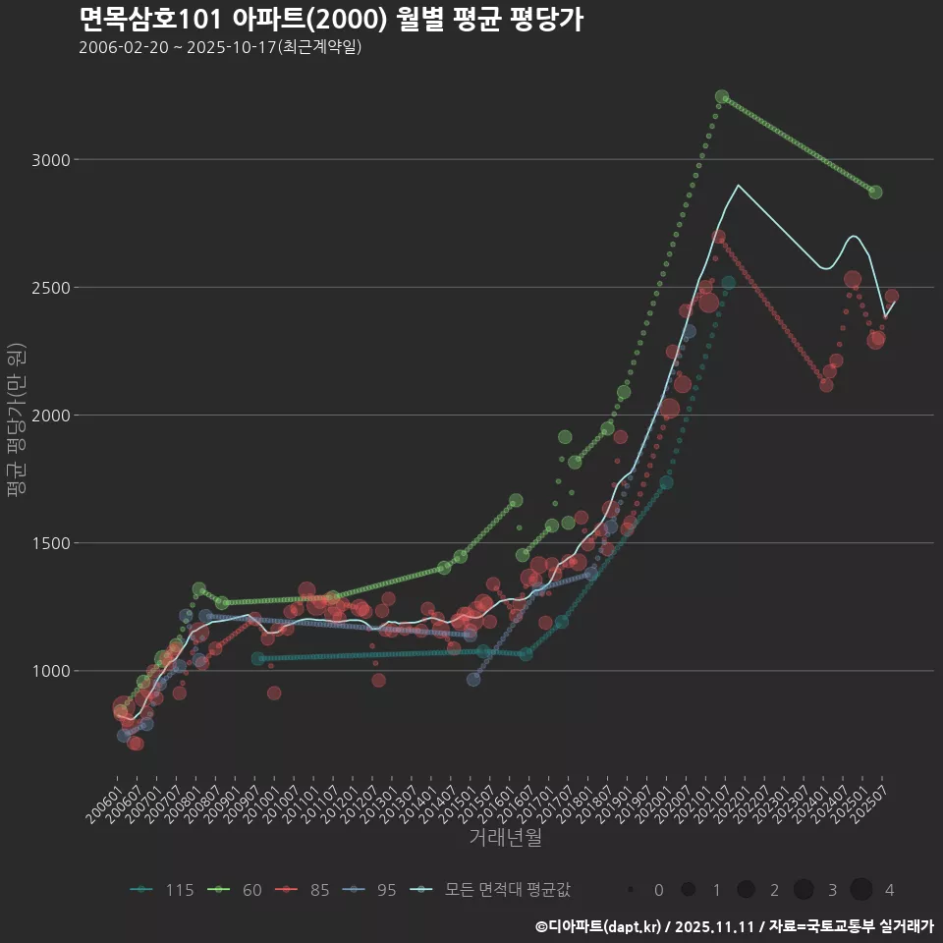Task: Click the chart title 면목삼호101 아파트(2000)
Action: (331, 19)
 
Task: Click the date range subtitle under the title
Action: (220, 47)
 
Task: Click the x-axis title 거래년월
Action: (505, 837)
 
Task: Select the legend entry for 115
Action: (163, 890)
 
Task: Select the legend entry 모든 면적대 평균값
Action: (494, 890)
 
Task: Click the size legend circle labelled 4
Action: (861, 890)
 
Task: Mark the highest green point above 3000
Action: (722, 96)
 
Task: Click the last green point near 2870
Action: (875, 192)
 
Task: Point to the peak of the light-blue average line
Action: (738, 185)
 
